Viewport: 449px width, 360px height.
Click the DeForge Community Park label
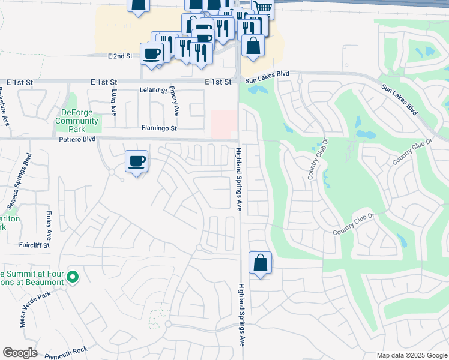pyautogui.click(x=77, y=121)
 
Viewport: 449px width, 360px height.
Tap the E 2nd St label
pyautogui.click(x=120, y=56)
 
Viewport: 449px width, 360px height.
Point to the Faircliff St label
pyautogui.click(x=34, y=245)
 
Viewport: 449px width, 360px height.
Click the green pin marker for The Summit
pyautogui.click(x=73, y=277)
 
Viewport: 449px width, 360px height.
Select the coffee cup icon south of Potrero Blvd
pyautogui.click(x=136, y=161)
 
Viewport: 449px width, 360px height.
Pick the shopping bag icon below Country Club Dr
pyautogui.click(x=260, y=263)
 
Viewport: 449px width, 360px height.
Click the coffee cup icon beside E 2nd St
pyautogui.click(x=151, y=53)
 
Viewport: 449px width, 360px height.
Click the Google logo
pyautogui.click(x=20, y=353)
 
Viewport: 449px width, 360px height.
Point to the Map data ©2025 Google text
pyautogui.click(x=411, y=355)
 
